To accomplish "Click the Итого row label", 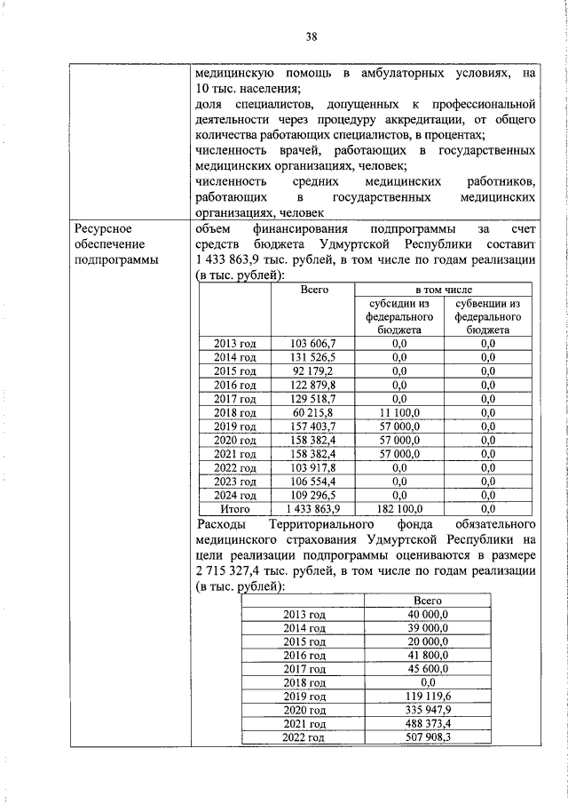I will click(235, 509).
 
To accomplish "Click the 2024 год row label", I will click(235, 495).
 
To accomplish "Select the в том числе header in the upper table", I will click(443, 290).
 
